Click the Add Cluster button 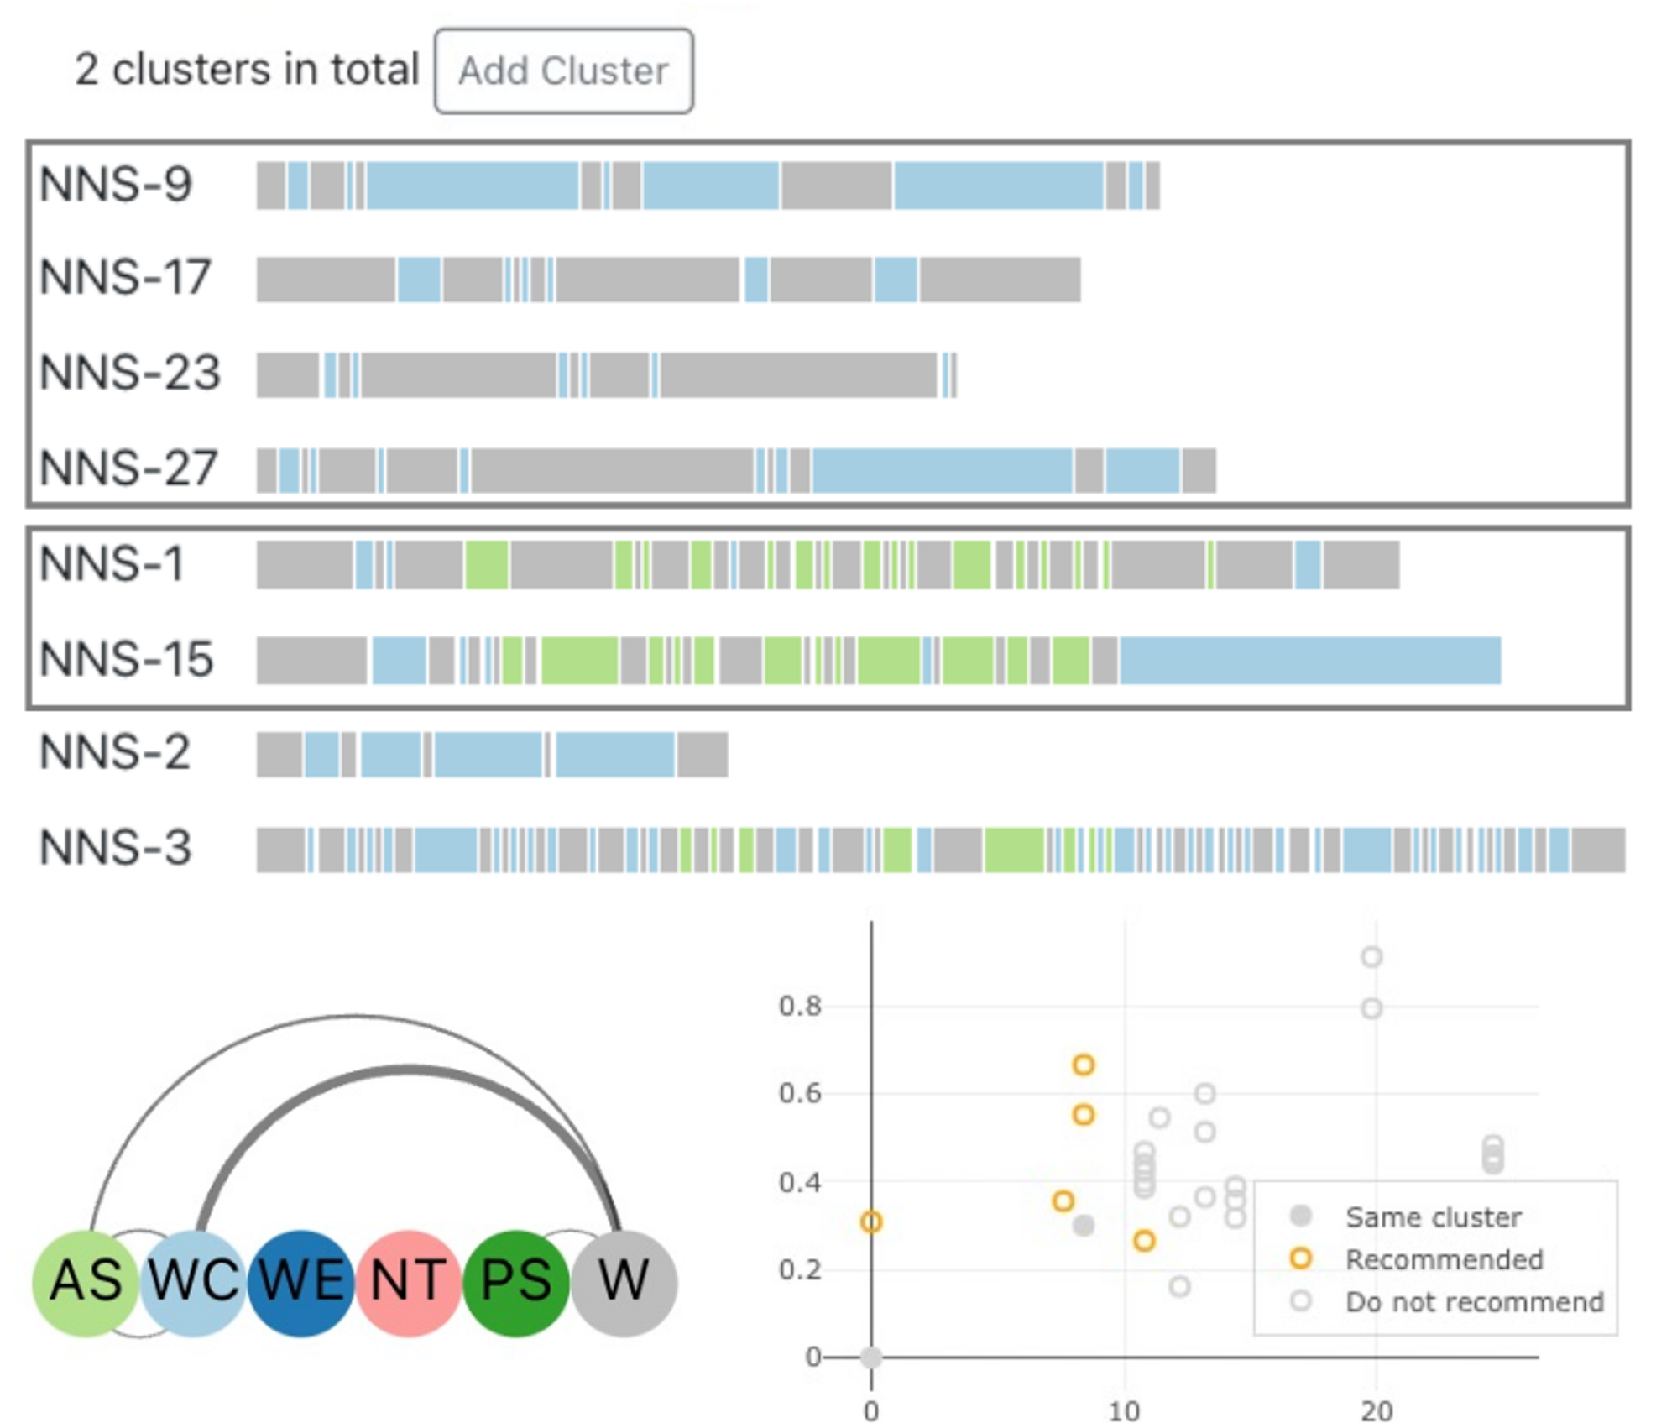(x=563, y=71)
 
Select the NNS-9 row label (x=116, y=185)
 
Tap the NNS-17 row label (x=125, y=278)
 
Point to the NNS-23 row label (x=130, y=373)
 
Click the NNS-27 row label (x=129, y=468)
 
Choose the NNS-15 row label (x=127, y=660)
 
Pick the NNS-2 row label (x=115, y=753)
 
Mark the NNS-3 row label (x=116, y=848)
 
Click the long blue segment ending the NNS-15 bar (x=1309, y=661)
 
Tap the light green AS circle (x=86, y=1282)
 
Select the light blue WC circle (x=194, y=1282)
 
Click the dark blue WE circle (x=301, y=1282)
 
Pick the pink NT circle (x=409, y=1282)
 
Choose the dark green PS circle (x=516, y=1282)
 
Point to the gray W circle (x=624, y=1282)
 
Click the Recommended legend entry (x=1444, y=1259)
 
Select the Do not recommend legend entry (x=1474, y=1302)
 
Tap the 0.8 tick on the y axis (x=799, y=1006)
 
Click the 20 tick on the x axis (x=1377, y=1410)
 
